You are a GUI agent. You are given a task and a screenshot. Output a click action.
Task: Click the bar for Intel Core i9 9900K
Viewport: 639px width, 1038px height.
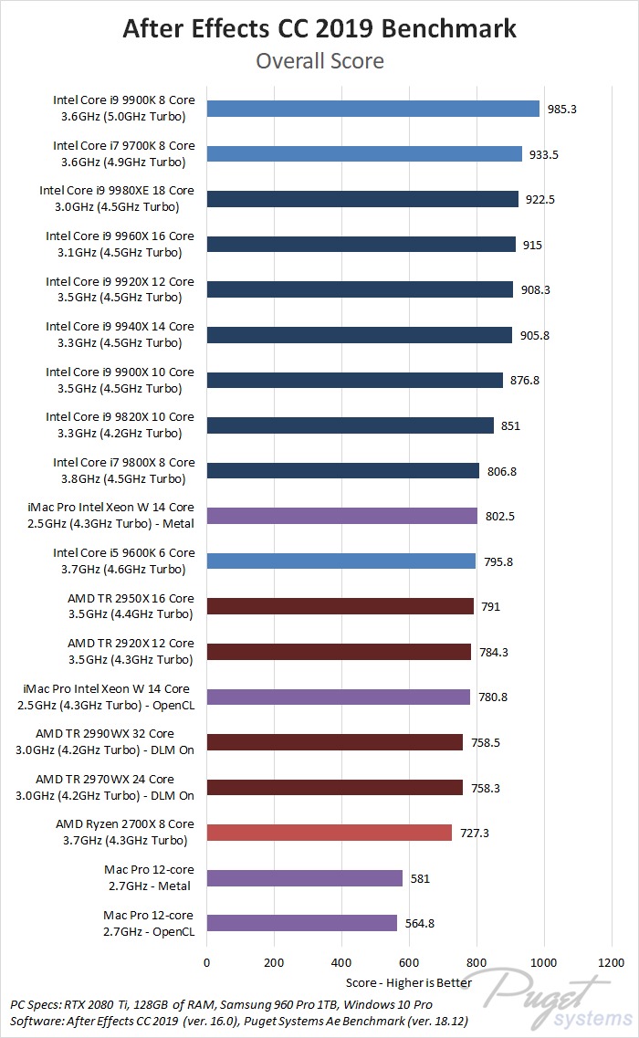[x=373, y=109]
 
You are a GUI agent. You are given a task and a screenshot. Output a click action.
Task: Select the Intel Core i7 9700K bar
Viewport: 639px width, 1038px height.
[x=364, y=154]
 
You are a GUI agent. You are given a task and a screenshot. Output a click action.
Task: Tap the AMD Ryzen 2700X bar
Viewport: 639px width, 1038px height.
[x=330, y=833]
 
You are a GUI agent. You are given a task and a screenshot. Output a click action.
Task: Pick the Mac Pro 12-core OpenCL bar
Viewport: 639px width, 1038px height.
[x=302, y=923]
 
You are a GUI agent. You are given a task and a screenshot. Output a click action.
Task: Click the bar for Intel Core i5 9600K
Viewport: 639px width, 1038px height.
[x=341, y=561]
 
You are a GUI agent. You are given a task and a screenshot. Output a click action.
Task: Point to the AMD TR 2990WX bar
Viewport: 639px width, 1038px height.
[x=335, y=742]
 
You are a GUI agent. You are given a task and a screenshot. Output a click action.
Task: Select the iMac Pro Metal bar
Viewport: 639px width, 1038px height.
[x=342, y=516]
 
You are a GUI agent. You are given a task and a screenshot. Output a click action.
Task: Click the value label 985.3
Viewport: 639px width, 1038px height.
[x=562, y=109]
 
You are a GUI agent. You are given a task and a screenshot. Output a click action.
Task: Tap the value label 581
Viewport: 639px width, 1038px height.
[x=420, y=878]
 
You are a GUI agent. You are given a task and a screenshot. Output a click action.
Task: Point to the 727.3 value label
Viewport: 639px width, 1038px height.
[x=474, y=833]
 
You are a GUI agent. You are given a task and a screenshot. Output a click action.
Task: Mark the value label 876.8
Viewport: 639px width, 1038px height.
[x=524, y=381]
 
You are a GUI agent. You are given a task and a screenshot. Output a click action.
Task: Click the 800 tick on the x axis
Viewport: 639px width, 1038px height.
[x=477, y=962]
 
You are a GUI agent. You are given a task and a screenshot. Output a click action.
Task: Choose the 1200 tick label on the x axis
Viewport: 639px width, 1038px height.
[x=611, y=962]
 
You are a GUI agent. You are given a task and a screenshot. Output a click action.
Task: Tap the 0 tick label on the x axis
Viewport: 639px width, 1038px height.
[x=207, y=962]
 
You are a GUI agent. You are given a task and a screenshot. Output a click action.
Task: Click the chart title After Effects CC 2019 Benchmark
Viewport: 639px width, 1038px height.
[x=319, y=28]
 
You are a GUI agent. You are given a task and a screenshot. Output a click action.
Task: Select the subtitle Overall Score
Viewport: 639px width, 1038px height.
[x=319, y=61]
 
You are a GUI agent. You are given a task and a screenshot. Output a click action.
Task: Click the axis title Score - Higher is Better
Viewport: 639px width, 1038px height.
[x=409, y=982]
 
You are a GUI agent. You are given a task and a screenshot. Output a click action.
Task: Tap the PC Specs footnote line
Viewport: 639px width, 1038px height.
[x=222, y=1004]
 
